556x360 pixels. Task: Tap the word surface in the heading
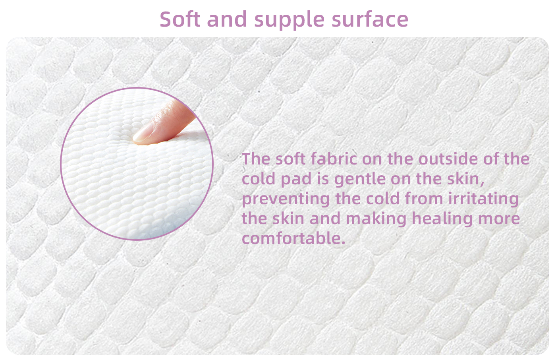pyautogui.click(x=370, y=19)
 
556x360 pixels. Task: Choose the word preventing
pyautogui.click(x=286, y=199)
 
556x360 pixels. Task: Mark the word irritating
pyautogui.click(x=483, y=199)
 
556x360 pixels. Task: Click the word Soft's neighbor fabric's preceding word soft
pyautogui.click(x=290, y=159)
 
